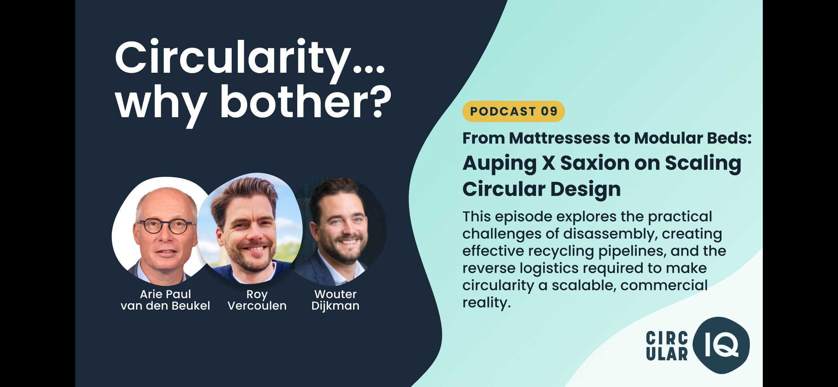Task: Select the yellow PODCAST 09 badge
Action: (514, 111)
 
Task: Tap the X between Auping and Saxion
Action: (548, 163)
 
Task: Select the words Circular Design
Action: (541, 189)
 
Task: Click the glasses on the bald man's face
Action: (167, 226)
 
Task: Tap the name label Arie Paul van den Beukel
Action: (165, 300)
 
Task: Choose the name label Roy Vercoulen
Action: (257, 300)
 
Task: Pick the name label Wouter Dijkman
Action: (335, 300)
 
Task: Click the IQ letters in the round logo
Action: (721, 345)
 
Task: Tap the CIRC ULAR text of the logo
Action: (667, 345)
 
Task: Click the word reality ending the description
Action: (486, 303)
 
